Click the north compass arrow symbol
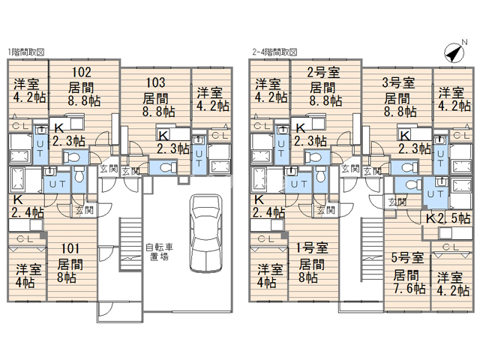(454, 53)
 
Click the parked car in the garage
(205, 232)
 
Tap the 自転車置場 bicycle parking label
(159, 252)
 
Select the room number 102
(82, 72)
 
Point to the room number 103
(155, 82)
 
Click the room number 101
(70, 248)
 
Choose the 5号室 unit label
(407, 258)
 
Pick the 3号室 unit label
(398, 82)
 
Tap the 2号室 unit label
(323, 73)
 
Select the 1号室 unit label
(312, 247)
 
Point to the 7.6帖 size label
(409, 288)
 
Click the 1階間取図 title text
(26, 52)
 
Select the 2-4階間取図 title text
(274, 52)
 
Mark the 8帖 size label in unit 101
(67, 277)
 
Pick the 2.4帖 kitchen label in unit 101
(28, 211)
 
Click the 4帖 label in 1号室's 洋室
(266, 283)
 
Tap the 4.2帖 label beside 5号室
(453, 290)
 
